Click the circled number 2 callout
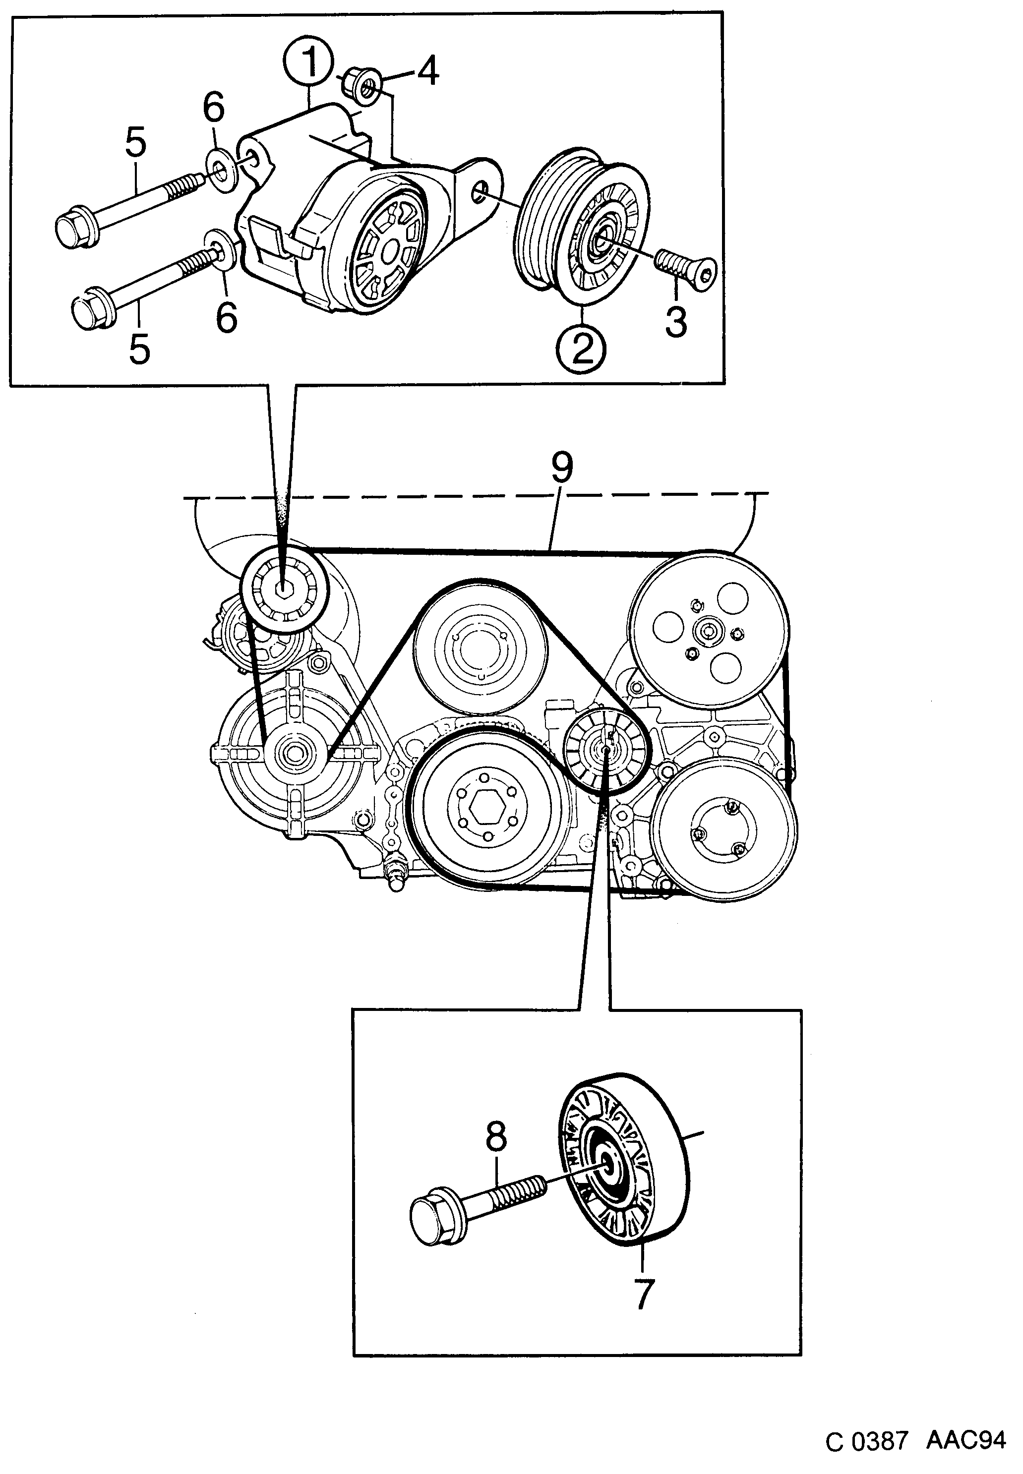pyautogui.click(x=581, y=348)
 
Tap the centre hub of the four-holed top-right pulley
pyautogui.click(x=708, y=631)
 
